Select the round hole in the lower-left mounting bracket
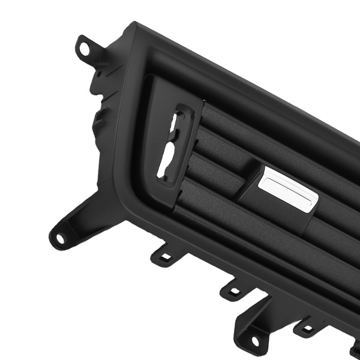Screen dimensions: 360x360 [60, 238]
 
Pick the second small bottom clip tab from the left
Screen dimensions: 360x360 [233, 291]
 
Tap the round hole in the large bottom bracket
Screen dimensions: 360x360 [254, 340]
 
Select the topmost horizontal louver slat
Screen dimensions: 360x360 [264, 129]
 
